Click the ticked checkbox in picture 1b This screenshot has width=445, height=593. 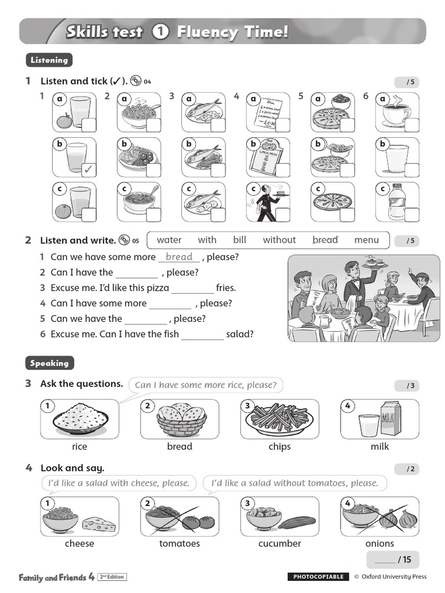coord(89,170)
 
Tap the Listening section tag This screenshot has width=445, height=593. coord(49,60)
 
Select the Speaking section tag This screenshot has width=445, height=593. coord(50,363)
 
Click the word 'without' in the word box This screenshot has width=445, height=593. coord(279,240)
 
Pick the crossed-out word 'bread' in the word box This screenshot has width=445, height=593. coord(325,240)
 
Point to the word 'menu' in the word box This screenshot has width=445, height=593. coord(366,240)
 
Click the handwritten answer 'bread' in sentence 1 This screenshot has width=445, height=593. coord(179,257)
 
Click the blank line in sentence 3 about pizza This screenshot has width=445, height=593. coord(193,288)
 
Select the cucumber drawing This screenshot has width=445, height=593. coord(297,522)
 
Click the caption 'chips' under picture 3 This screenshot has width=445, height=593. coord(279,446)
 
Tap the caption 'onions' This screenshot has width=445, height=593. coord(380,543)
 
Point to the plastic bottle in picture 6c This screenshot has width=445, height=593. coord(397,203)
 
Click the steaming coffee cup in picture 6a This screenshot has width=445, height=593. coord(395,112)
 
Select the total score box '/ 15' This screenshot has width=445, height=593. coord(392,559)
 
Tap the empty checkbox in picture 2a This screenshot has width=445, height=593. coord(154,125)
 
